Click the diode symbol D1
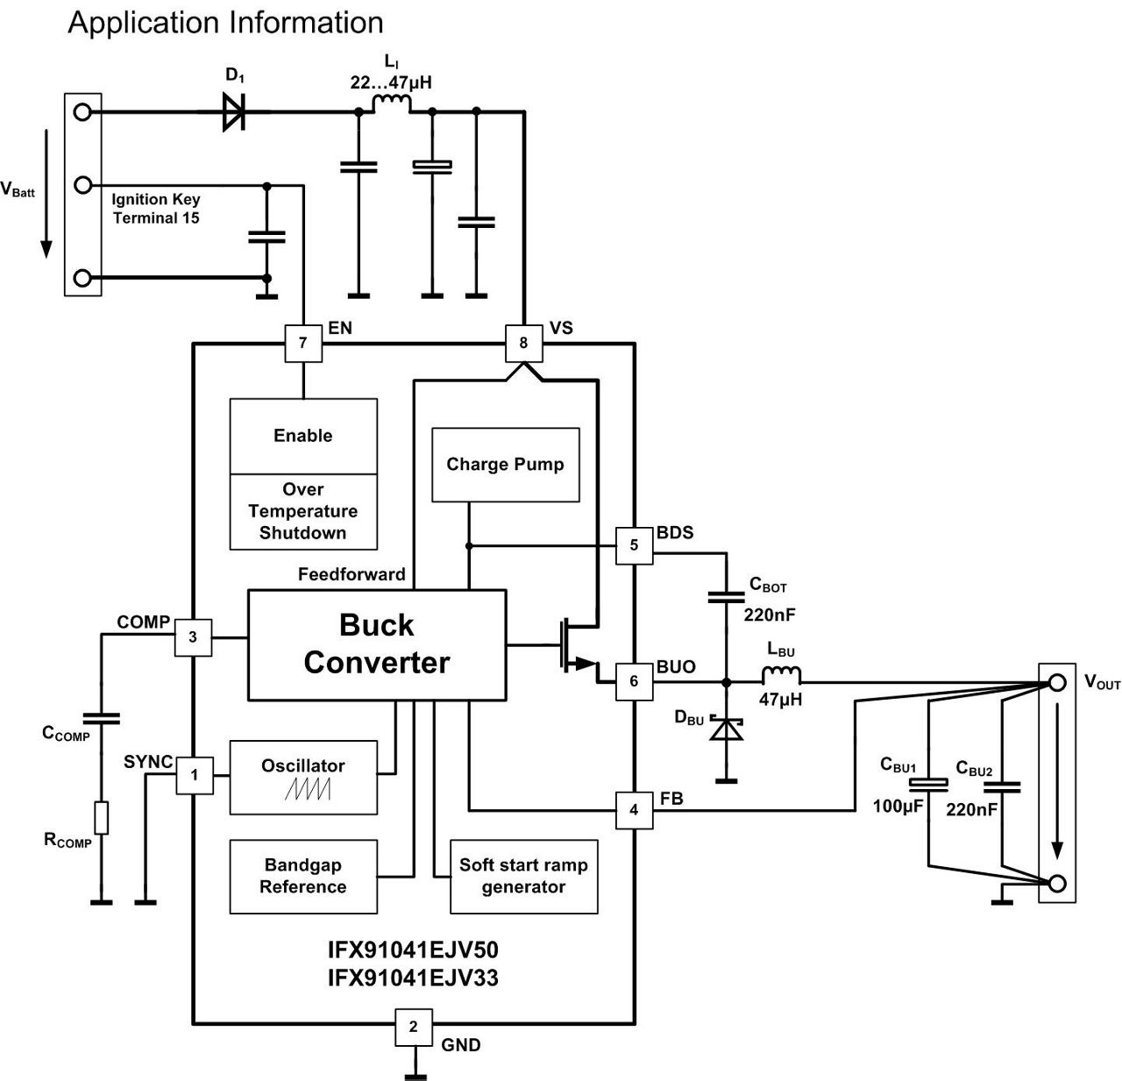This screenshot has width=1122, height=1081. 233,112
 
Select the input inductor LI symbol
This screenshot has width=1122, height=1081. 391,105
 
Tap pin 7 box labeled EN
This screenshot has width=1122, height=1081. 303,343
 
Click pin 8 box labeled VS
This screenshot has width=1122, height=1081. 523,343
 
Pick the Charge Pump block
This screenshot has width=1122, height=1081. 505,465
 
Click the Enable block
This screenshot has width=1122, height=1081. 303,437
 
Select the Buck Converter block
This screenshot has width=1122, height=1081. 377,644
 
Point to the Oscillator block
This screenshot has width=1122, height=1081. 303,777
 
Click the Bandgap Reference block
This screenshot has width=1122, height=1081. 303,876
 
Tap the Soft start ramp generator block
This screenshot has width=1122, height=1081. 523,876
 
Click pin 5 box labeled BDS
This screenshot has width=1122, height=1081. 634,545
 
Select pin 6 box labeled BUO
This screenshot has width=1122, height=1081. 634,681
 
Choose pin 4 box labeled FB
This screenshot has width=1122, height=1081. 634,810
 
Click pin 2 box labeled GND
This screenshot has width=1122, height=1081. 414,1027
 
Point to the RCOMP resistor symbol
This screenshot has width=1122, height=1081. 102,817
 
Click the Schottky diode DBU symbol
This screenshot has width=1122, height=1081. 726,728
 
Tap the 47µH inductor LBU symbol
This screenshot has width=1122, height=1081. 780,676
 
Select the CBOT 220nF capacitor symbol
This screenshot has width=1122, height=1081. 726,597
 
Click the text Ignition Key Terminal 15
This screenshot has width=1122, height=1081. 156,209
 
